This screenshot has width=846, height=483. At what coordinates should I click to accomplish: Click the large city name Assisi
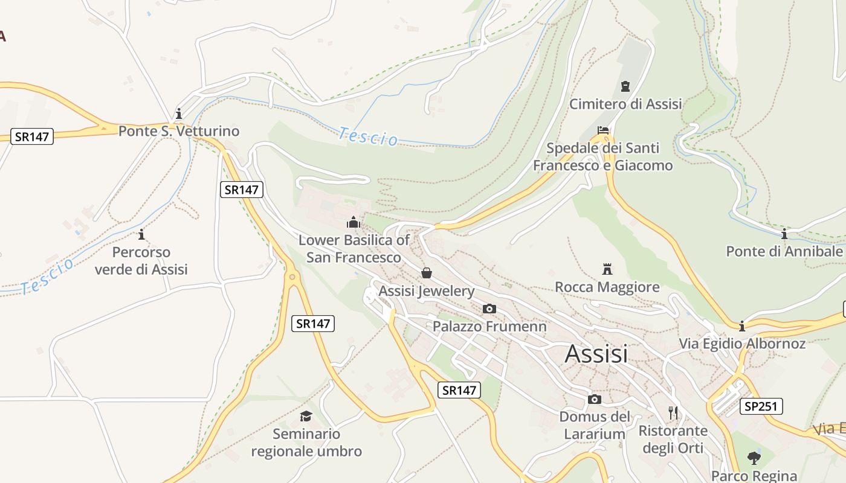coord(596,354)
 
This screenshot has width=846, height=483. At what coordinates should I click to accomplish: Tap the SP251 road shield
coord(761,406)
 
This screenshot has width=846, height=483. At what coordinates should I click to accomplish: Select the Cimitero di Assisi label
coord(625,104)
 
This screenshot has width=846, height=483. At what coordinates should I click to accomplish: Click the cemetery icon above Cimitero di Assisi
coord(625,86)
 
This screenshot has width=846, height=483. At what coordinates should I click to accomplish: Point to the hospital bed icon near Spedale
coord(603,130)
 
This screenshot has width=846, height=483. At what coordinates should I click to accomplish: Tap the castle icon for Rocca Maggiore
coord(607,269)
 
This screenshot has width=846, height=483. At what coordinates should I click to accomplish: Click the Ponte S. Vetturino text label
coord(179,131)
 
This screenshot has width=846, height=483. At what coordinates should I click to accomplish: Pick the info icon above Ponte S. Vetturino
coord(178,114)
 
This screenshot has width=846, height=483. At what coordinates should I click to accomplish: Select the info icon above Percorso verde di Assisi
coord(141,234)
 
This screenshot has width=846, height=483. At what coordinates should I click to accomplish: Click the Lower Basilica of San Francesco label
coord(354,249)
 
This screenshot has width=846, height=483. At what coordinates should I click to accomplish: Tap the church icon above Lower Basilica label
coord(354,222)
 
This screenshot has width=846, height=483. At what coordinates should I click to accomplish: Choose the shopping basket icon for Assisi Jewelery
coord(427,273)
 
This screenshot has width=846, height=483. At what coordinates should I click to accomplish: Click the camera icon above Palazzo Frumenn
coord(489,309)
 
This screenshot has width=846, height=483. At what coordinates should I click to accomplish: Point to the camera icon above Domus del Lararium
coord(595,399)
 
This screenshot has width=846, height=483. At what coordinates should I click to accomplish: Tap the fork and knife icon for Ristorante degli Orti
coord(673,413)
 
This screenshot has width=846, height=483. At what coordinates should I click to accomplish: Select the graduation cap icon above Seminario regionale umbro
coord(306,416)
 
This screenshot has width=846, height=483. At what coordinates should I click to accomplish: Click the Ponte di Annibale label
coord(784,251)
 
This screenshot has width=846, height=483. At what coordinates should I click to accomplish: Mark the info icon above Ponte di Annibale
coord(784,234)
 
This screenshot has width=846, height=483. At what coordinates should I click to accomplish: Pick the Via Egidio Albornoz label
coord(742,344)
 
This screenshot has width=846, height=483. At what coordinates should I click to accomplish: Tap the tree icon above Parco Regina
coord(754,458)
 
